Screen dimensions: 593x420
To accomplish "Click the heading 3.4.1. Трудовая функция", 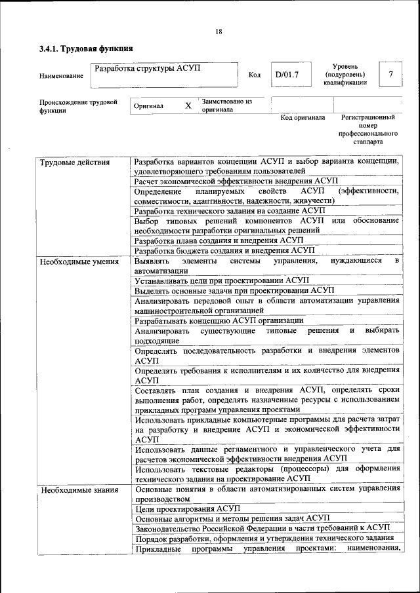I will [x=86, y=48].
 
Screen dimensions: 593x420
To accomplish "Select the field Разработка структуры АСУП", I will [x=148, y=68].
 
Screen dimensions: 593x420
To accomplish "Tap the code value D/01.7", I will [x=287, y=75].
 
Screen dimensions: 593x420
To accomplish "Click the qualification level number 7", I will [x=390, y=75].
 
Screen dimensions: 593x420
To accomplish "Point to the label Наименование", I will [x=61, y=76].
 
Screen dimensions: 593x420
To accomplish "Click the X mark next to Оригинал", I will [x=188, y=105].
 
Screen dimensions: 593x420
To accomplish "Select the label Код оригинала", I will [x=303, y=118].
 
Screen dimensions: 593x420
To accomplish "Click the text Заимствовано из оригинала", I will [x=226, y=105].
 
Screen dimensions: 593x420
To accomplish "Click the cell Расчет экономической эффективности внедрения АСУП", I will [x=236, y=181].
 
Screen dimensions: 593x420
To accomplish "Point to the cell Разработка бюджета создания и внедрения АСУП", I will [x=224, y=250].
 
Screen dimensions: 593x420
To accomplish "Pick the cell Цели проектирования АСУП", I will [x=188, y=508].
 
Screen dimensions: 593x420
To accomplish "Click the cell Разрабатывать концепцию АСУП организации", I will [x=219, y=320].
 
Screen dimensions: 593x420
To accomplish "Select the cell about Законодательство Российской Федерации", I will [x=261, y=528].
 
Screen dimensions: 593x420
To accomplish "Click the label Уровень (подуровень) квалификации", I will [x=345, y=75].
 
